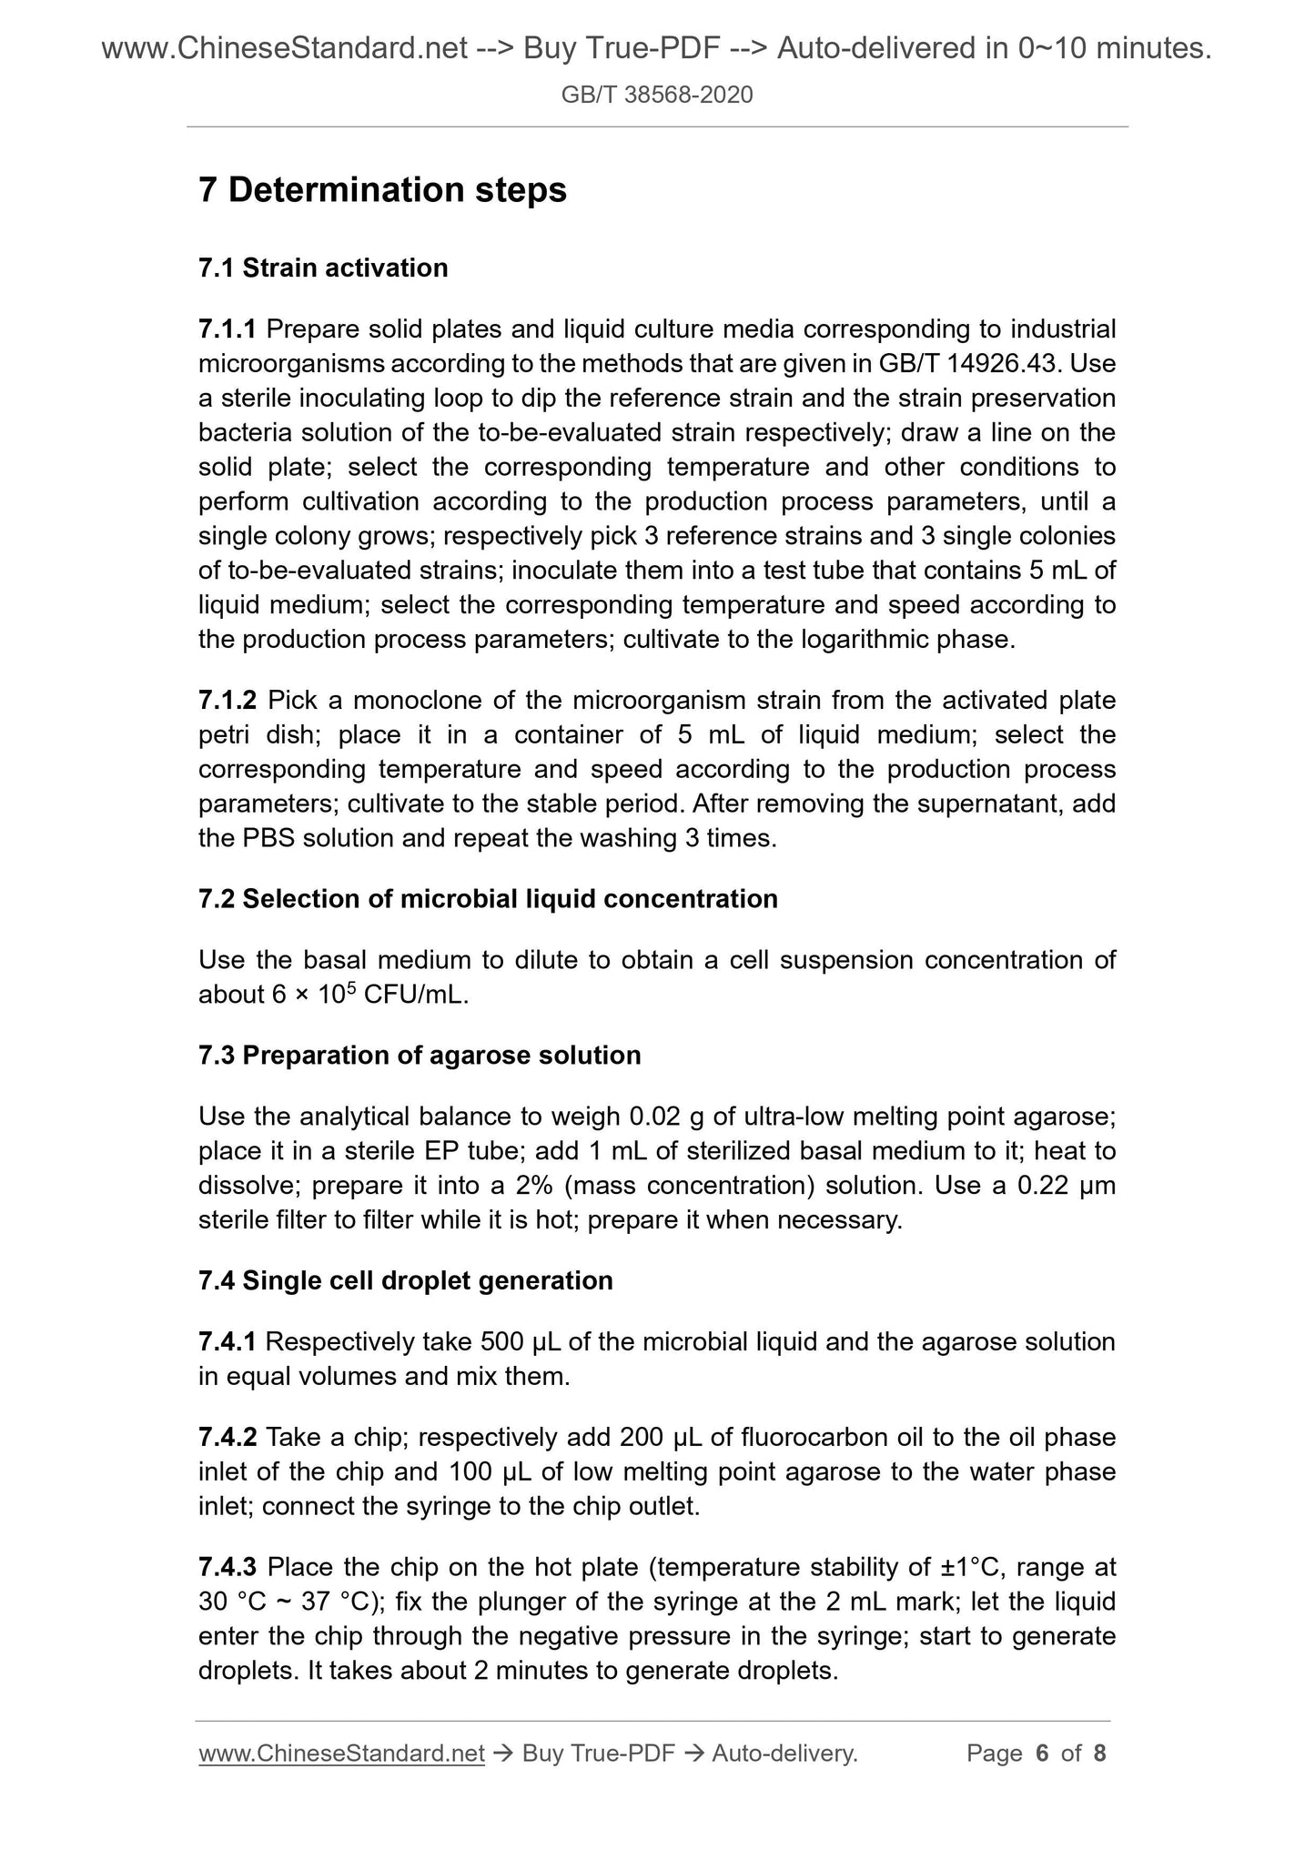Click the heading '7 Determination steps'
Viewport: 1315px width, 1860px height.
pyautogui.click(x=382, y=190)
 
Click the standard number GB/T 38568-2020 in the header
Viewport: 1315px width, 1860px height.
pyautogui.click(x=657, y=95)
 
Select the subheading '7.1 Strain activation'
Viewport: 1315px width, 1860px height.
pyautogui.click(x=323, y=268)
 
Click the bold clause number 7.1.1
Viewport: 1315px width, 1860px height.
pyautogui.click(x=228, y=329)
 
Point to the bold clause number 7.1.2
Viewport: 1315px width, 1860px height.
pyautogui.click(x=228, y=701)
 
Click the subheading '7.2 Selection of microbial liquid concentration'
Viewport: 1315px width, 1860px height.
pyautogui.click(x=488, y=899)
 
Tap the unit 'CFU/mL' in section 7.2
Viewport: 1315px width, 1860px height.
pyautogui.click(x=414, y=996)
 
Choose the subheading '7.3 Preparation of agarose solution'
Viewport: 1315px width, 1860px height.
pyautogui.click(x=420, y=1056)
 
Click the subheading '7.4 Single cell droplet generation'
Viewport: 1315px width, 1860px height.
pyautogui.click(x=406, y=1280)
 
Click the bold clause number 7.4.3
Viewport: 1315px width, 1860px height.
pyautogui.click(x=228, y=1568)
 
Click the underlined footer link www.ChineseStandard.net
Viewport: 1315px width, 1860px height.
pyautogui.click(x=341, y=1754)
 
